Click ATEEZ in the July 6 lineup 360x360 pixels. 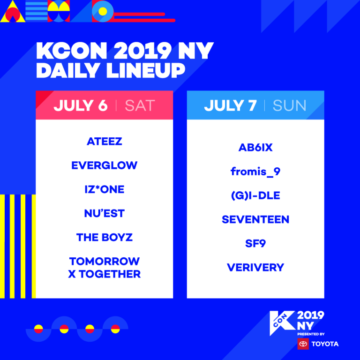tap(105, 142)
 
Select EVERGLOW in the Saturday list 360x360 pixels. tap(105, 165)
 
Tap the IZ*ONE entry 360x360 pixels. tap(105, 189)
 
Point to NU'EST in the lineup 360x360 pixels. tap(105, 213)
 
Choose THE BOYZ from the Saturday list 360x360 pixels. tap(105, 237)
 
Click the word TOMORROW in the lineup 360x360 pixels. tap(105, 261)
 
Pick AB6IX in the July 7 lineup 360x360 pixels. tap(255, 147)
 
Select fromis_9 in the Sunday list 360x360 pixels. tap(255, 172)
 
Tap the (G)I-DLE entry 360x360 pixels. tap(255, 195)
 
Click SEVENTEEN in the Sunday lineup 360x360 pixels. tap(255, 219)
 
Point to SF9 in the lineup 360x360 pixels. tap(255, 243)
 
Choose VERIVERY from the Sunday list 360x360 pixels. tap(255, 268)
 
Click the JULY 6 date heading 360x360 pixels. tap(81, 105)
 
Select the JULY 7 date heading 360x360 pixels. tap(231, 105)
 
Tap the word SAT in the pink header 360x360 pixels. tap(140, 105)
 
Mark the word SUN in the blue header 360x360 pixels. tap(290, 105)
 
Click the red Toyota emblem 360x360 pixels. tap(303, 344)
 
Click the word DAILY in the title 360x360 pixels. tap(67, 70)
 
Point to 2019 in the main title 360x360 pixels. tap(143, 51)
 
